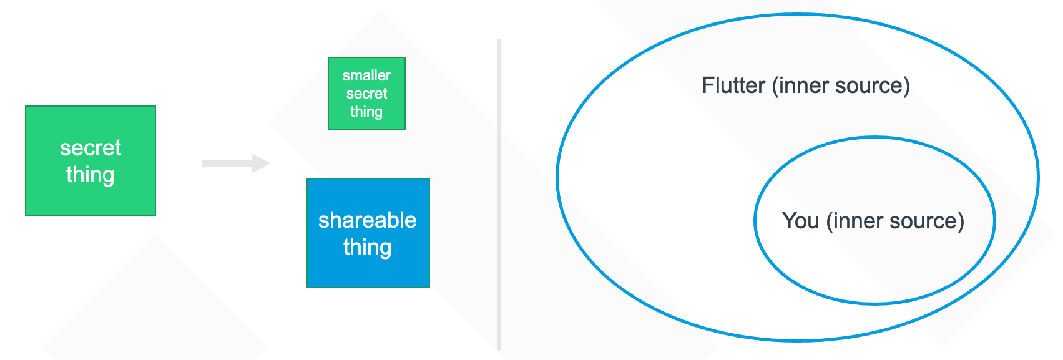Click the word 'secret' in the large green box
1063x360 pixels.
point(90,148)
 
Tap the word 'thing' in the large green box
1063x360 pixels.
point(90,175)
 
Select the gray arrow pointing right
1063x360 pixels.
point(236,163)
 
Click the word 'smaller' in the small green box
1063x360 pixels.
point(366,75)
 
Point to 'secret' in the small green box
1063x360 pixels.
point(366,94)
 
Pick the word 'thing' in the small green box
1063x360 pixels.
point(366,112)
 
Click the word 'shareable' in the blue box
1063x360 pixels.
point(367,220)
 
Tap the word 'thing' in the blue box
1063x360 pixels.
point(367,247)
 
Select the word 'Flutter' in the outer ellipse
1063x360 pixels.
point(733,85)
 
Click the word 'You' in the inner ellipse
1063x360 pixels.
point(800,220)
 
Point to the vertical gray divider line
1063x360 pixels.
point(499,195)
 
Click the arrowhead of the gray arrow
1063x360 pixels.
point(262,163)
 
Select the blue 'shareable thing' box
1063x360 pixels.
point(368,233)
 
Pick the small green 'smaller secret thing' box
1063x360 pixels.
point(366,93)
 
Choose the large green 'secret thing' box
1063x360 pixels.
point(90,160)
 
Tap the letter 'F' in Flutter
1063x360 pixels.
point(708,85)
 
